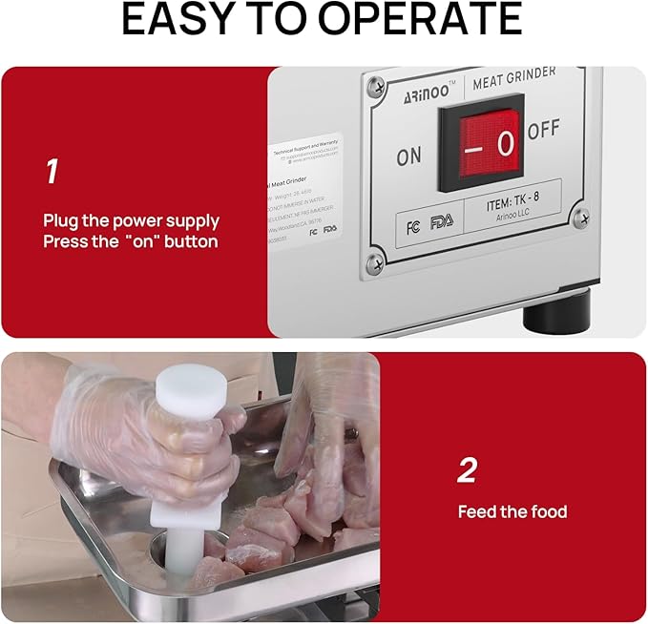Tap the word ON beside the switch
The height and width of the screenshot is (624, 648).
click(408, 156)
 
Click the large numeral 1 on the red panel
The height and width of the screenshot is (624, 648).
click(52, 172)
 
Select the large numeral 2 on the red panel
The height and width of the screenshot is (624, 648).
click(467, 470)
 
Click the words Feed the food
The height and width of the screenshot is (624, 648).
click(512, 512)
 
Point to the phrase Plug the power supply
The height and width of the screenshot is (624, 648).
click(131, 220)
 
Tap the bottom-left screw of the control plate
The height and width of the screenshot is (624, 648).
click(376, 254)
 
